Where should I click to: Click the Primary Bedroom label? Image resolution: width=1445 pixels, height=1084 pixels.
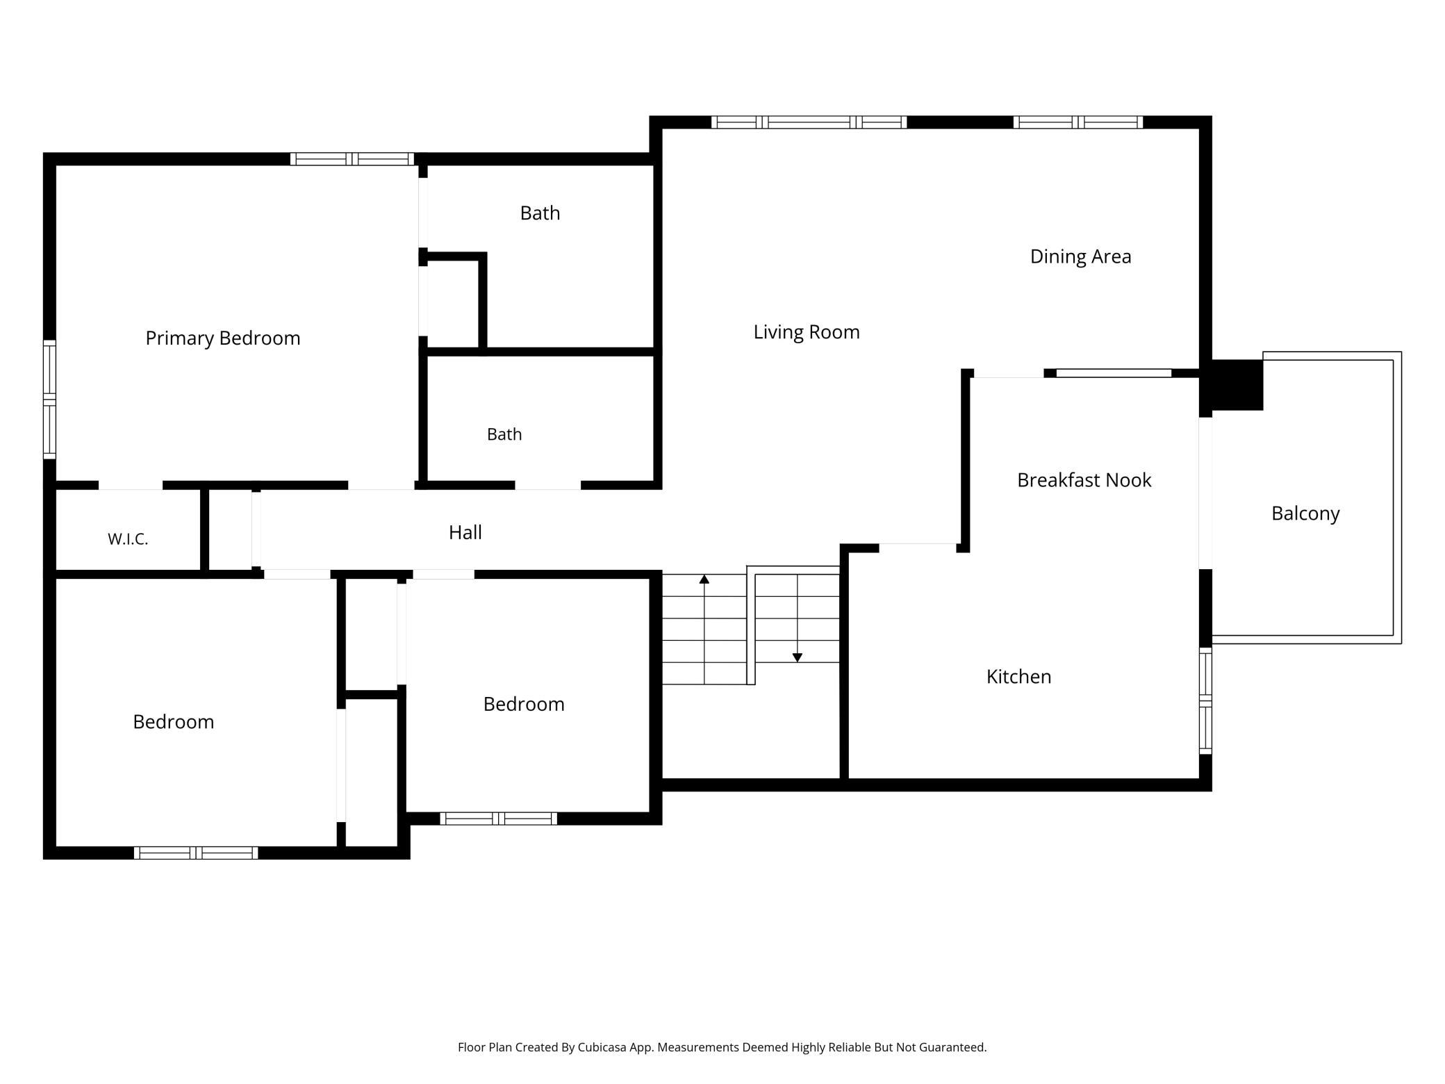click(223, 338)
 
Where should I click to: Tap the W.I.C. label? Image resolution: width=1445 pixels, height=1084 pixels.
click(128, 539)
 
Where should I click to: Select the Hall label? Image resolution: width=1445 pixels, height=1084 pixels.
click(465, 532)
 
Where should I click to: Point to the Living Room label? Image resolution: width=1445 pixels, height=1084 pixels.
click(807, 332)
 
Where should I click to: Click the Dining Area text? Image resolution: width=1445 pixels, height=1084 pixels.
click(1080, 256)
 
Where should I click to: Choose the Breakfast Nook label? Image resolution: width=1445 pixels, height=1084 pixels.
click(1084, 480)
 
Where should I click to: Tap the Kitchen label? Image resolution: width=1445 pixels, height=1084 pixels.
click(1018, 677)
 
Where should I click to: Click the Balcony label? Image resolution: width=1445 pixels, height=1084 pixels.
click(1305, 514)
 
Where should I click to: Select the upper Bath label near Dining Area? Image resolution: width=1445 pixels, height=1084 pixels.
click(540, 213)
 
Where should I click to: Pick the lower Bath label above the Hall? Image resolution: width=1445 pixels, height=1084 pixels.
click(504, 434)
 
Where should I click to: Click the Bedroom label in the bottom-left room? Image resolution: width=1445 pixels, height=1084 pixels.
click(174, 722)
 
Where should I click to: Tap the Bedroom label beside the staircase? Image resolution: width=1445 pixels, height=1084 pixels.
click(524, 704)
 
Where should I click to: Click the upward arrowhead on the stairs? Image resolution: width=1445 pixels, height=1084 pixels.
click(704, 579)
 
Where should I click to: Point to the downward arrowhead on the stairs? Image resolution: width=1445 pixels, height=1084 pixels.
click(798, 657)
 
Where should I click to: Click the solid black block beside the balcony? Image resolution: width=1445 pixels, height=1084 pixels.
click(1237, 385)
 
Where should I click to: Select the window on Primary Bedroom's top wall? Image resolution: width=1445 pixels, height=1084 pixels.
click(352, 159)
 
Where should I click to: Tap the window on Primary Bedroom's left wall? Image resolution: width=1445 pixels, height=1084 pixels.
click(49, 400)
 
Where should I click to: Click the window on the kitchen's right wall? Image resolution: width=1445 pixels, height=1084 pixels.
click(1206, 700)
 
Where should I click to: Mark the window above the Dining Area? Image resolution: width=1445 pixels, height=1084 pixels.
click(1078, 122)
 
